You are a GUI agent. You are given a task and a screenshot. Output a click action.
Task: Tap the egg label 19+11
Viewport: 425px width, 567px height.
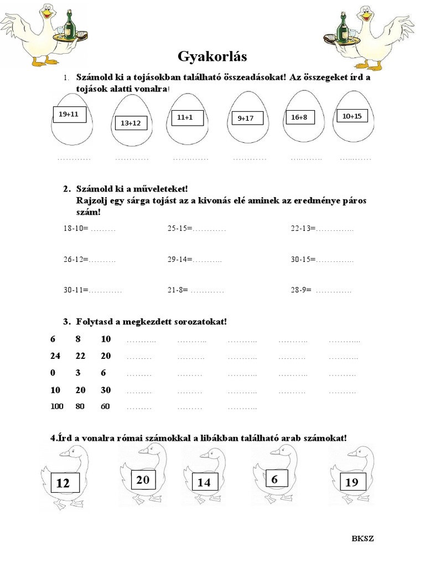[x=69, y=115]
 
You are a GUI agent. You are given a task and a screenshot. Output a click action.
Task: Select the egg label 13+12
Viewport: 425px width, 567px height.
[x=131, y=123]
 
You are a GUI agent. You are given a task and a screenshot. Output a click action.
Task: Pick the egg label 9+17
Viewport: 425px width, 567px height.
[x=246, y=118]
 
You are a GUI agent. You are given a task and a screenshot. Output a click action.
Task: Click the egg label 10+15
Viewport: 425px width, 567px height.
[x=352, y=116]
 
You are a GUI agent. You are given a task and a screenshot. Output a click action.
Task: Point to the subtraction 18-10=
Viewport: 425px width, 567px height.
[x=76, y=228]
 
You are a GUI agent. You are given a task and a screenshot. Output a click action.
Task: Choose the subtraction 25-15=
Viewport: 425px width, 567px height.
[x=180, y=228]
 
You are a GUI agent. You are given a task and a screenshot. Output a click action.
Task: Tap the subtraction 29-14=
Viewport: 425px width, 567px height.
[x=180, y=259]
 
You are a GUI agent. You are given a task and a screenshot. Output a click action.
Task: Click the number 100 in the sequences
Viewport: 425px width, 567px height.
[x=57, y=406]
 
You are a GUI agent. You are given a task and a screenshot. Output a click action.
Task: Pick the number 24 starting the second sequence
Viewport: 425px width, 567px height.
[x=55, y=355]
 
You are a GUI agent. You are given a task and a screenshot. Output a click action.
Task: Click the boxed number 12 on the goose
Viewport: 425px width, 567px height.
[x=64, y=483]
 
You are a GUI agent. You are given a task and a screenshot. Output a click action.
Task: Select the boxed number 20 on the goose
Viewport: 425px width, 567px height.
[x=143, y=480]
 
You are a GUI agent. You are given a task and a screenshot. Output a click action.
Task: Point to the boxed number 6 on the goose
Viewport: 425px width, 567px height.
[x=274, y=480]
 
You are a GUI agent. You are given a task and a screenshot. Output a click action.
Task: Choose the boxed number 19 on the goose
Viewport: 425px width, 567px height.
[x=352, y=482]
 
